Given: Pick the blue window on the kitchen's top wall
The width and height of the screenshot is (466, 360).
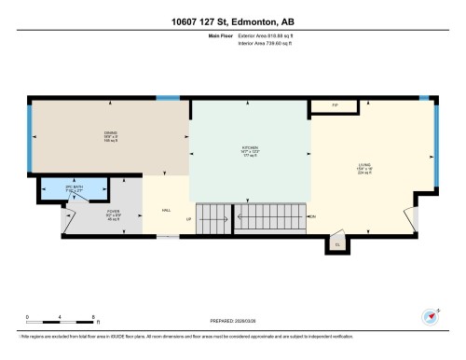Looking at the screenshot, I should (x=168, y=97).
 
